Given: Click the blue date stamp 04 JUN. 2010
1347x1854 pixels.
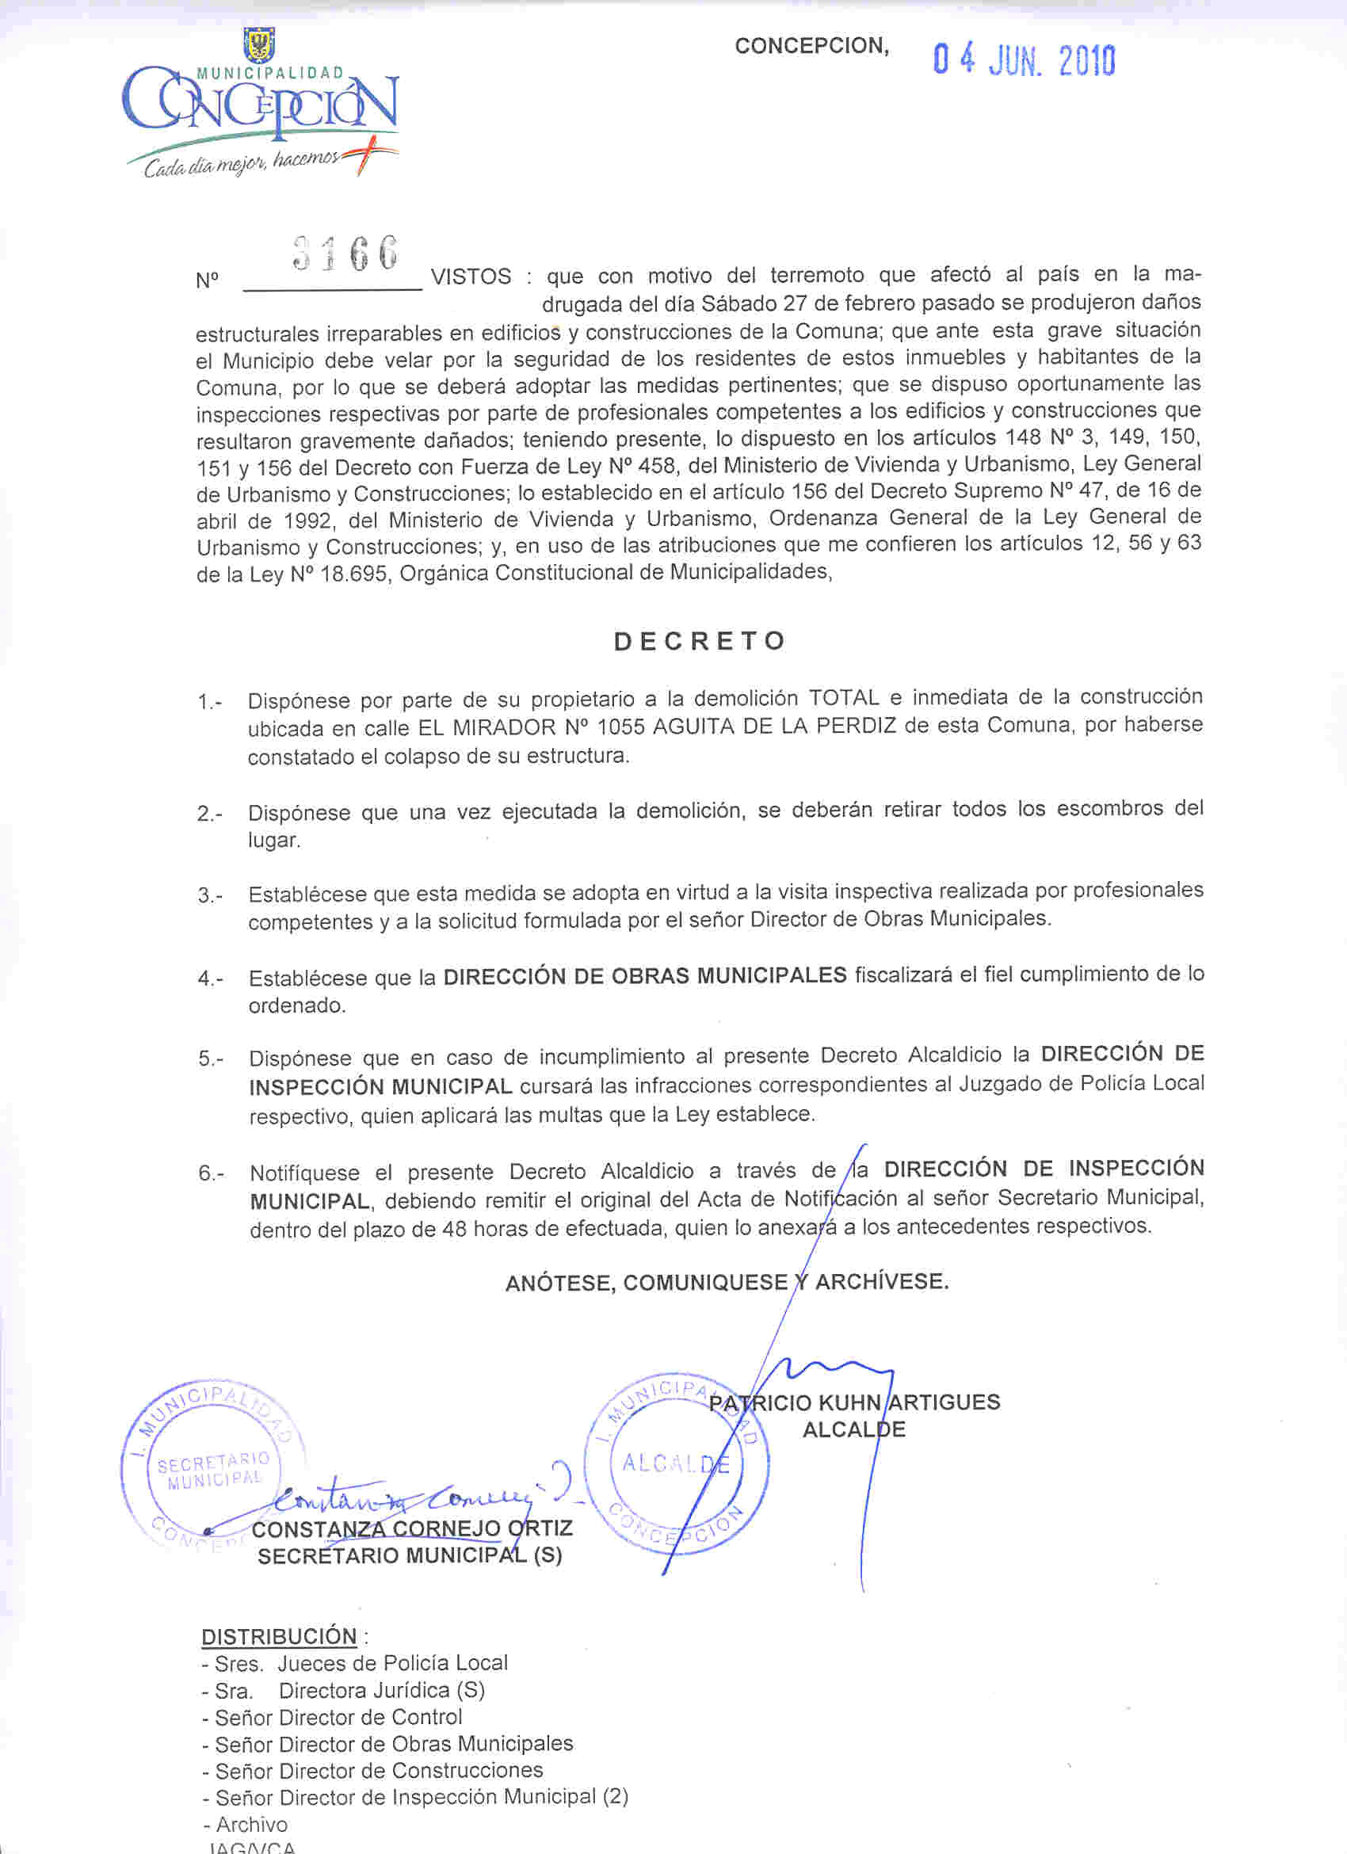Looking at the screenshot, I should tap(1024, 61).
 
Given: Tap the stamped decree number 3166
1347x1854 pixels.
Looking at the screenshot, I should tap(345, 254).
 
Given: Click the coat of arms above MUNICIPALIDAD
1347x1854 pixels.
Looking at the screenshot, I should tap(260, 44).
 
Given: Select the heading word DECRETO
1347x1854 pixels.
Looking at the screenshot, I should tap(700, 641).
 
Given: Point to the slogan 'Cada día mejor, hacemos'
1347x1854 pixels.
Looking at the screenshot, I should tap(242, 164).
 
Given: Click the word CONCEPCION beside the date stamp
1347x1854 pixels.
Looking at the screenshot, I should tap(811, 46).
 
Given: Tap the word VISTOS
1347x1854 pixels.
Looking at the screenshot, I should tap(471, 277).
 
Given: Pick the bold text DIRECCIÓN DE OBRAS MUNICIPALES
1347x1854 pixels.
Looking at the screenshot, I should tap(645, 975).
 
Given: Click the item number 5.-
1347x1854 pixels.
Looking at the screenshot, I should tap(210, 1059).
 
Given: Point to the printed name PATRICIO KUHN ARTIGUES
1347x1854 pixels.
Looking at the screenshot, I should tap(855, 1402).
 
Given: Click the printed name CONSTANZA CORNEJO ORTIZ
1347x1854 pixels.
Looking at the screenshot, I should tap(412, 1528).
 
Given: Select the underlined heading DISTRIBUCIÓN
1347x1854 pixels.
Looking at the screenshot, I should tap(279, 1637).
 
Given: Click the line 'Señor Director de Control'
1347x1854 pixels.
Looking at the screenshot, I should tap(338, 1718).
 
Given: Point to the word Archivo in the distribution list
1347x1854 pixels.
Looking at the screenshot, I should tap(252, 1825).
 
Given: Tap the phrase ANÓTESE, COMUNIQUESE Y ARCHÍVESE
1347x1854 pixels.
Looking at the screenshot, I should tap(727, 1282).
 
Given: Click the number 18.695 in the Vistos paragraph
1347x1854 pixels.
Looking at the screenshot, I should tap(353, 574).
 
